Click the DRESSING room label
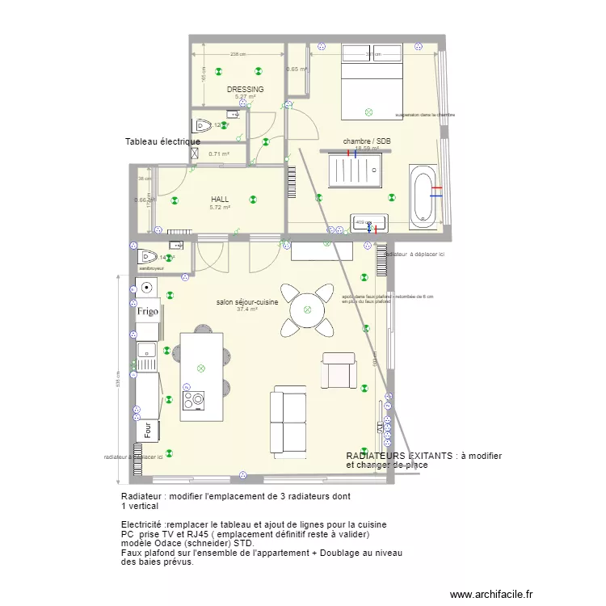point(245,90)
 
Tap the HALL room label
point(220,199)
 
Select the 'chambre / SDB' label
point(367,141)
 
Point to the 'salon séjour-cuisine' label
point(246,302)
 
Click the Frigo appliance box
point(146,311)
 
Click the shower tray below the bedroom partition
point(357,170)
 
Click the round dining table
point(307,309)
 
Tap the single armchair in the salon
point(339,369)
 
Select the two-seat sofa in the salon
point(288,420)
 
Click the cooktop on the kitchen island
point(194,400)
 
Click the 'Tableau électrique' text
point(162,142)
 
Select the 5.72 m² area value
point(220,208)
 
